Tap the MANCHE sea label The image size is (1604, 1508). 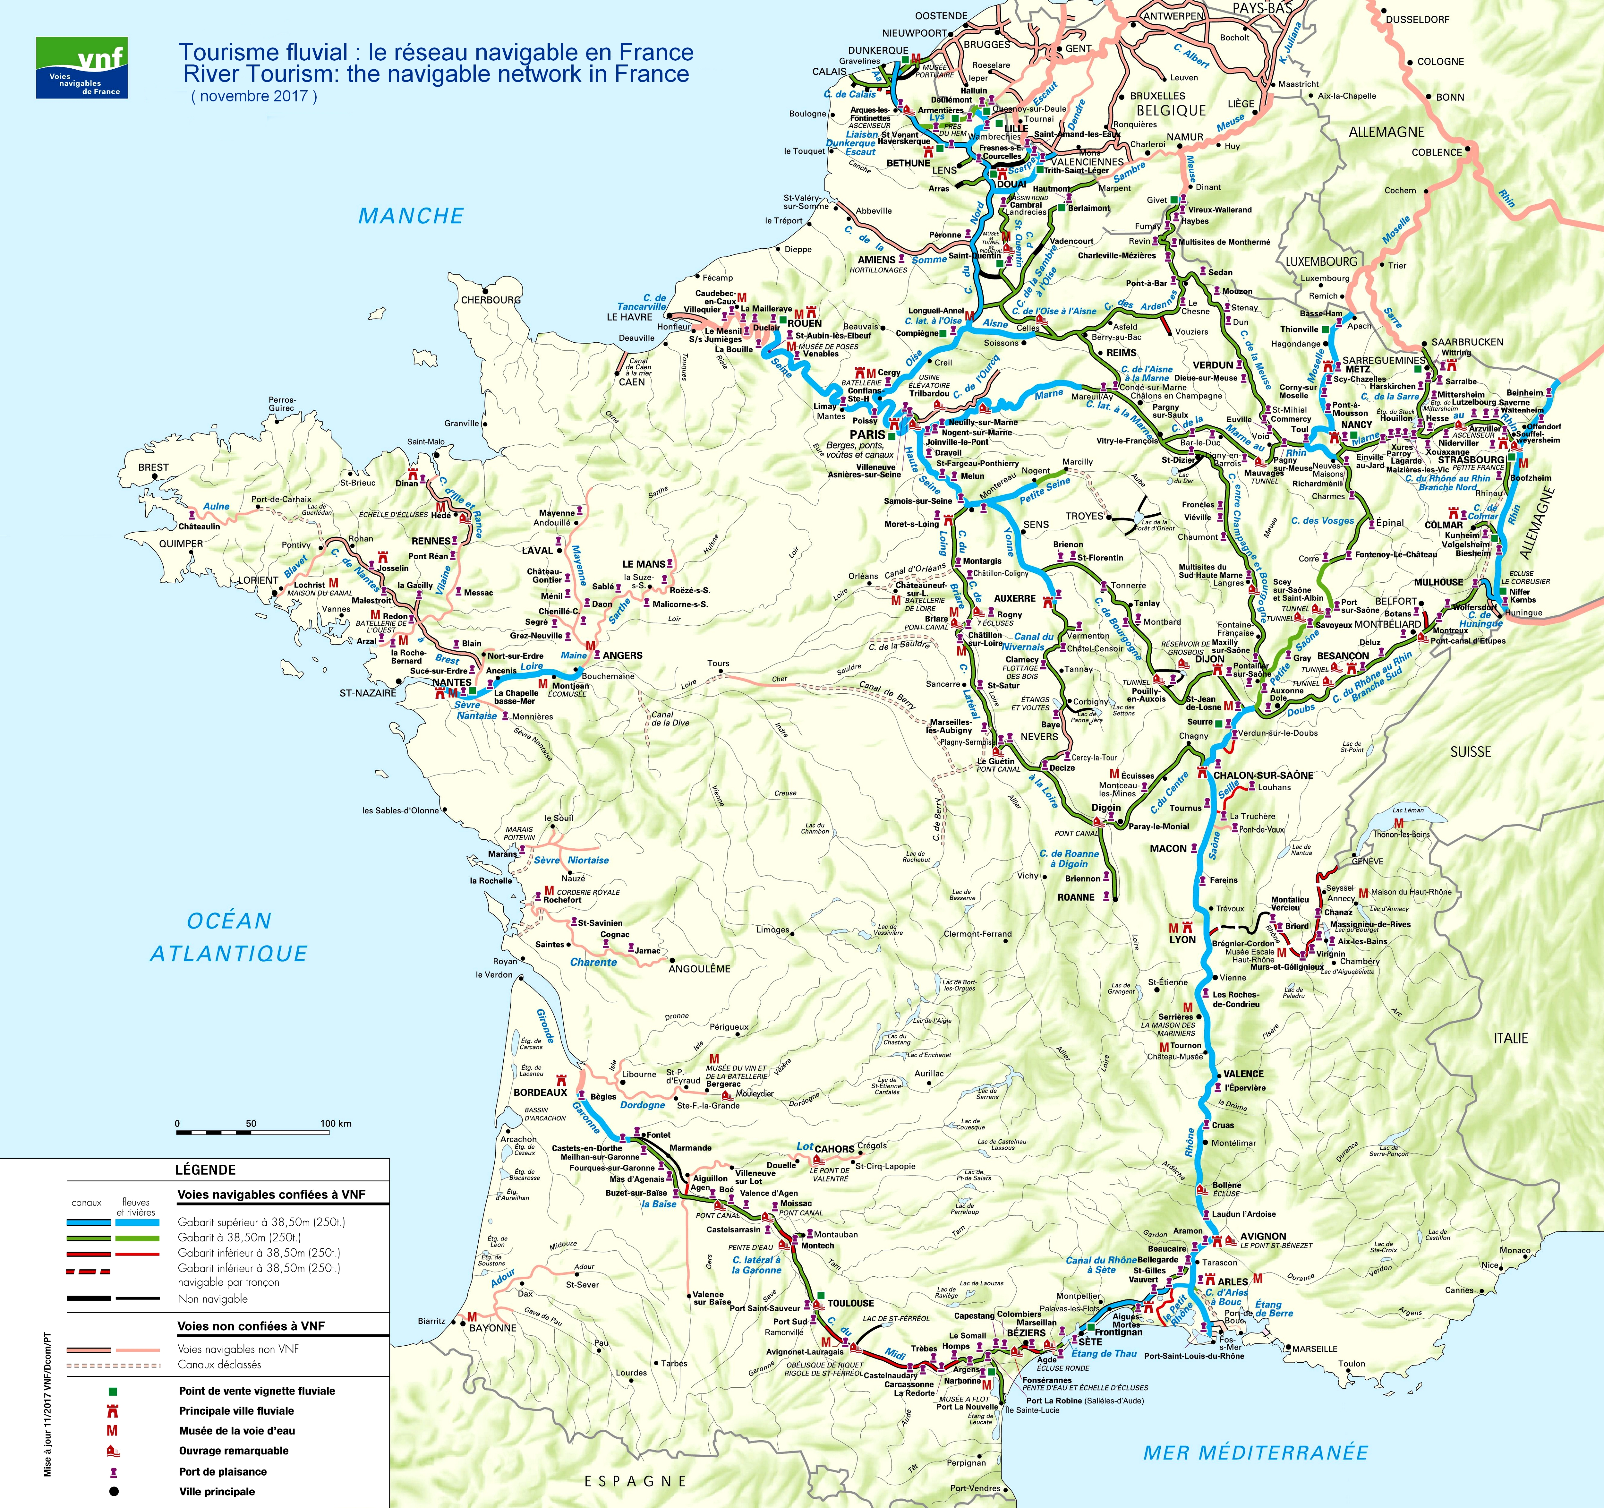(x=411, y=216)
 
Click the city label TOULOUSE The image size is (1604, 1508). (x=850, y=1303)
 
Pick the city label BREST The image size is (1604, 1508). (x=153, y=467)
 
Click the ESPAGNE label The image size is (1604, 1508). (x=636, y=1480)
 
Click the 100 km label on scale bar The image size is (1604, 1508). (x=336, y=1123)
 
